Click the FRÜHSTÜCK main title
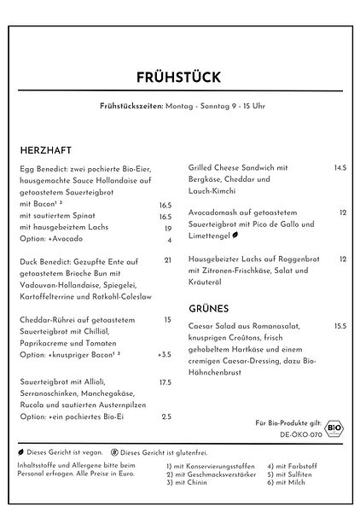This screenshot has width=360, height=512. click(x=179, y=78)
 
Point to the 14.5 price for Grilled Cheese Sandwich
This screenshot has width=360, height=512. click(x=340, y=168)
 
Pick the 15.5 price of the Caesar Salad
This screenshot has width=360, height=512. click(x=340, y=326)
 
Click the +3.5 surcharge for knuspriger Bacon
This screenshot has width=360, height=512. click(x=165, y=354)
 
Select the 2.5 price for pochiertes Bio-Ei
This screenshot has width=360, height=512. click(x=166, y=416)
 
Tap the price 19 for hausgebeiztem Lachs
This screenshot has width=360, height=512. click(x=168, y=229)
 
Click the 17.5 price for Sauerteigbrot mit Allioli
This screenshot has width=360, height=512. click(x=166, y=383)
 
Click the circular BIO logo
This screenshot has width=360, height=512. click(x=334, y=423)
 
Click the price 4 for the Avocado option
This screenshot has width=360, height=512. click(x=170, y=241)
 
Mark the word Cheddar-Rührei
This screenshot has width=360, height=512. click(x=49, y=319)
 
